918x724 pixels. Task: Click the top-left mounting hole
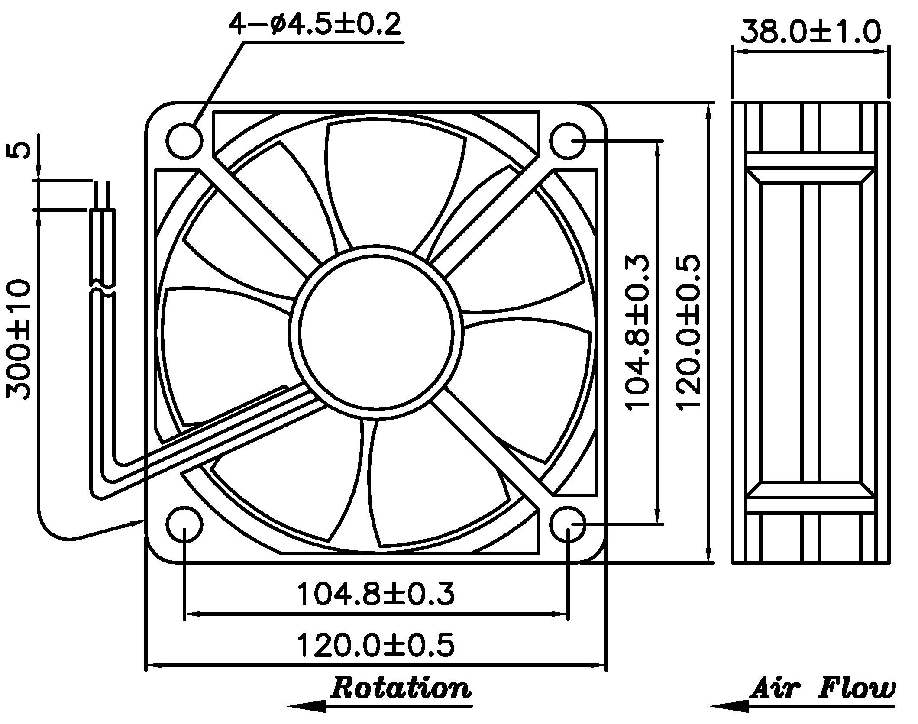[x=184, y=140]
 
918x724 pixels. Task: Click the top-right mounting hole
[x=568, y=140]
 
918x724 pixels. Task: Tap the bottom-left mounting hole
[x=184, y=524]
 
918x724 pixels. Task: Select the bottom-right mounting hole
[x=568, y=524]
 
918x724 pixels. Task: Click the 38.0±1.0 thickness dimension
[x=810, y=31]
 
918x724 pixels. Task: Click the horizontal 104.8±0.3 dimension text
[x=375, y=593]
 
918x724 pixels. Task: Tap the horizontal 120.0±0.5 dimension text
[x=375, y=644]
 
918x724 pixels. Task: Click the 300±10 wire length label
[x=19, y=339]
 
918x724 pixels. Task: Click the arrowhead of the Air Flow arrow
[x=730, y=706]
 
